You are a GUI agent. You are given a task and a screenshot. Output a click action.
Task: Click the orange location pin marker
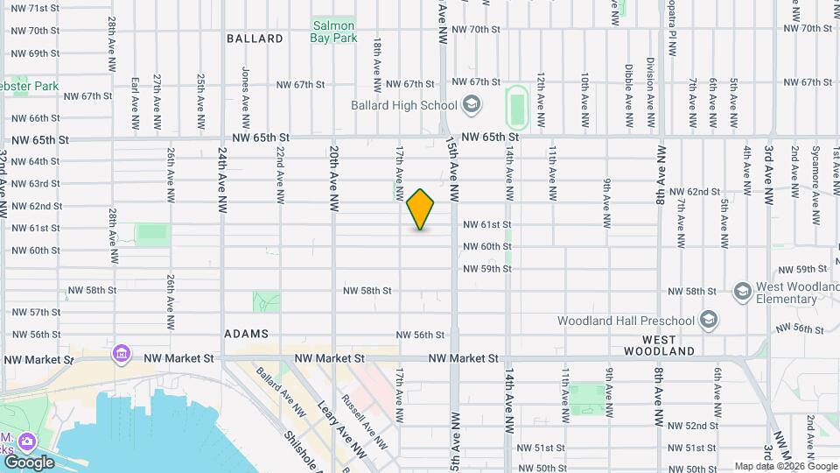420,209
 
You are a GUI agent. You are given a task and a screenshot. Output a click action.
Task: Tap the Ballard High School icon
472,106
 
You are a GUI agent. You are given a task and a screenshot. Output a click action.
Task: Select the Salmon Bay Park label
334,32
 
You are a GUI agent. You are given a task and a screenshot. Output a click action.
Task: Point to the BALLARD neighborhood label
255,39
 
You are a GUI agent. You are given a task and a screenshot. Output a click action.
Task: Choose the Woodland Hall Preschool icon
708,320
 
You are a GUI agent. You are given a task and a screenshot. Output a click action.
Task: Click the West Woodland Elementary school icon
743,291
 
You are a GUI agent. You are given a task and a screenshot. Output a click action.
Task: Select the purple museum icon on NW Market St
121,354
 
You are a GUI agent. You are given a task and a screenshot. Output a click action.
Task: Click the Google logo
29,462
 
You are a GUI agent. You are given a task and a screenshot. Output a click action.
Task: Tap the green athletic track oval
516,106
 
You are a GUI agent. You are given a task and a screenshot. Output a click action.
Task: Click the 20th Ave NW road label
333,179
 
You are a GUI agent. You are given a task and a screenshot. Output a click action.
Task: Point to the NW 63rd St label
36,184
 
